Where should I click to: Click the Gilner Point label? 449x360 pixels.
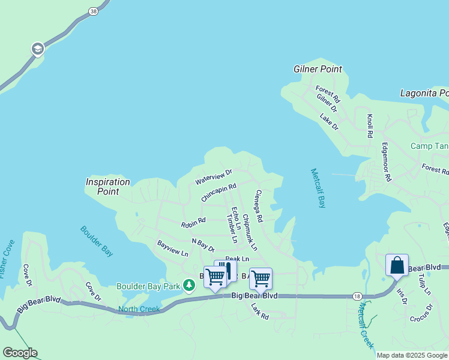coord(318,69)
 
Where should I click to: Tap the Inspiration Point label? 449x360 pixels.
coord(108,187)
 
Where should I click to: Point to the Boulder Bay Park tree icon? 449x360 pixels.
coord(189,285)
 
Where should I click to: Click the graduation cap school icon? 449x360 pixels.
coord(37,49)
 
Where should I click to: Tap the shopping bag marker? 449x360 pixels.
coord(397,265)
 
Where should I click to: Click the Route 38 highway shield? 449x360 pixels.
coord(92,11)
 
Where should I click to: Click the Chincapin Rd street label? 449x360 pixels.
coord(219,193)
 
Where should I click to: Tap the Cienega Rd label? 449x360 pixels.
coord(259,206)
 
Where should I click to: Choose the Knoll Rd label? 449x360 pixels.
coord(370,126)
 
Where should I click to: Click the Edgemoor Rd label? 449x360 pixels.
coord(387,162)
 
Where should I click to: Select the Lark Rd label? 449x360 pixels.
coord(260,311)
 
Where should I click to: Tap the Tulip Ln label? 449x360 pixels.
coord(424,284)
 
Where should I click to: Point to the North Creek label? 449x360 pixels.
coord(139,310)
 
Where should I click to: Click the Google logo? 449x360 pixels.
coord(20,353)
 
